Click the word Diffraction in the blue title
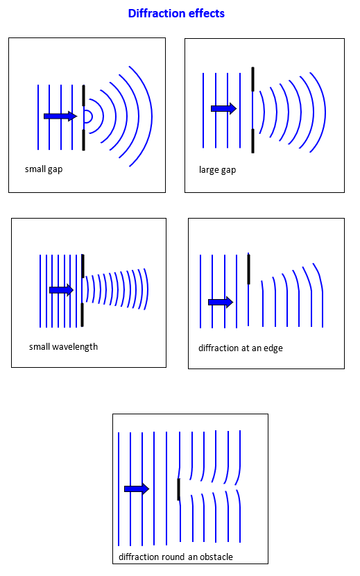point(157,13)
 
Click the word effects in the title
point(207,13)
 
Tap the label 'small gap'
point(44,169)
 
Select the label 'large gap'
point(218,170)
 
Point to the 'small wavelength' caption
point(64,347)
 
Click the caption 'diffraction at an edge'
point(241,348)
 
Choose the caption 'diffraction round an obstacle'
point(175,557)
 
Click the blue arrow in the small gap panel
point(60,116)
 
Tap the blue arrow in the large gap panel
point(224,108)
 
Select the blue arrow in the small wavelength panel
point(61,290)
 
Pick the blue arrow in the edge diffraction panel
point(221,302)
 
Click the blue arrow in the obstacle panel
point(137,489)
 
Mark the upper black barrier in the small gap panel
point(84,96)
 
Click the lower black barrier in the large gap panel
point(252,141)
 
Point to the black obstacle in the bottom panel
point(178,489)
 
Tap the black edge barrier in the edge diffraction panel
point(249,269)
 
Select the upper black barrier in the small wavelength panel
point(83,266)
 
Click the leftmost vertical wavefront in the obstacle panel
point(119,489)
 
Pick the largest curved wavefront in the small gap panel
point(152,117)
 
